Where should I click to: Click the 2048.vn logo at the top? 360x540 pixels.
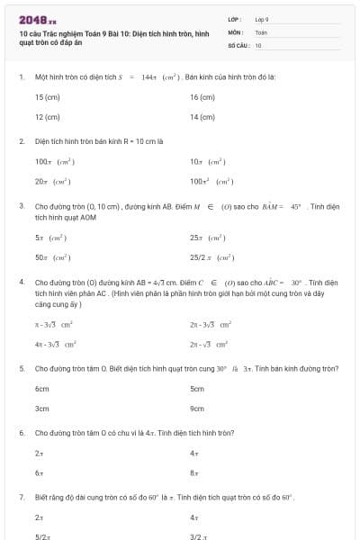[x=37, y=19]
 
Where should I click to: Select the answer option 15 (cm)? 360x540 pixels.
[x=47, y=96]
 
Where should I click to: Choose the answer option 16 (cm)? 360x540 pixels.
[x=202, y=96]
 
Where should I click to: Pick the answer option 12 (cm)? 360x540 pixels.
[x=47, y=117]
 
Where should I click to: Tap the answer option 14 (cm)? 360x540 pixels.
[x=202, y=117]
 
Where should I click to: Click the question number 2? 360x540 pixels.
[x=22, y=141]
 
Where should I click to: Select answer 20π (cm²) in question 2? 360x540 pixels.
[x=54, y=181]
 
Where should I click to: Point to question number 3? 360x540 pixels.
[x=22, y=206]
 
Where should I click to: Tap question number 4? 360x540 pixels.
[x=22, y=282]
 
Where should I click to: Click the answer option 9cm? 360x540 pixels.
[x=198, y=409]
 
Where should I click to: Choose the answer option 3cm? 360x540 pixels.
[x=42, y=409]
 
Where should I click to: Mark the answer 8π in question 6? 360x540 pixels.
[x=194, y=472]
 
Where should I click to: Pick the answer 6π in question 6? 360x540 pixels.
[x=39, y=472]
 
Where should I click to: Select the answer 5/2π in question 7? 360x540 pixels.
[x=41, y=536]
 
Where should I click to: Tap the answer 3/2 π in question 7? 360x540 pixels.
[x=199, y=536]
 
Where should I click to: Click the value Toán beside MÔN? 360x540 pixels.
[x=262, y=31]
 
